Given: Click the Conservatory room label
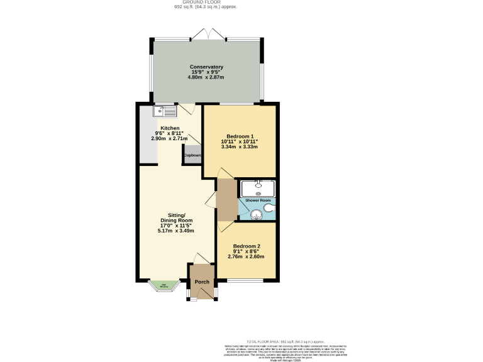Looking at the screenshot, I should (207, 67).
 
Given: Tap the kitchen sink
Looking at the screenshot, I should (165, 111).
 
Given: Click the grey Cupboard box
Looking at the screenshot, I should (192, 155).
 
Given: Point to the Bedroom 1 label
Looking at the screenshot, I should (240, 137).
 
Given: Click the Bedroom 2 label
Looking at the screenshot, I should (246, 246).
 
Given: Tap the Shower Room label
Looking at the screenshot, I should (257, 200).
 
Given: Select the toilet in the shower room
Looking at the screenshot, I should (269, 209).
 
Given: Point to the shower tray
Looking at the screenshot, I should (258, 189).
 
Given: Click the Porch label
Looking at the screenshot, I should (201, 282).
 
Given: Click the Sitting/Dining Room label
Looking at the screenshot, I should (175, 218).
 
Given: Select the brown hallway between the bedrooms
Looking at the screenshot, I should (226, 199).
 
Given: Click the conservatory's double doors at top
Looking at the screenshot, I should (207, 33).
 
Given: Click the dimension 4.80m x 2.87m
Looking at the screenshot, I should (207, 78).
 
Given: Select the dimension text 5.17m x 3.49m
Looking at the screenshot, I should (175, 231).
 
